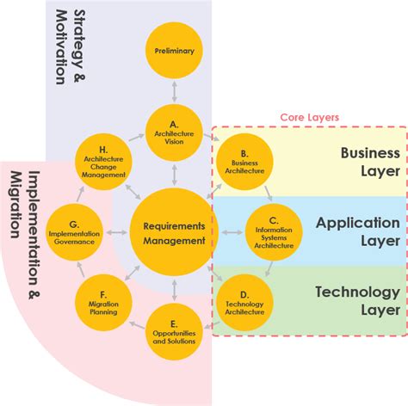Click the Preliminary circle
[x=175, y=51]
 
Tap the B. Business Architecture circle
[x=244, y=161]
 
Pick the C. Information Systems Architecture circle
[x=274, y=231]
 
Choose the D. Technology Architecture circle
[x=244, y=301]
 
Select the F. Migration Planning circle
[x=103, y=301]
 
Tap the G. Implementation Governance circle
[x=74, y=231]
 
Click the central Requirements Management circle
[x=175, y=231]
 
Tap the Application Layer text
[x=358, y=231]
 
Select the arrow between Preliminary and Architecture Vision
[x=175, y=90]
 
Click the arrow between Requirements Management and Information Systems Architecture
[x=231, y=231]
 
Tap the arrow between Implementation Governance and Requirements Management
[x=118, y=231]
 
